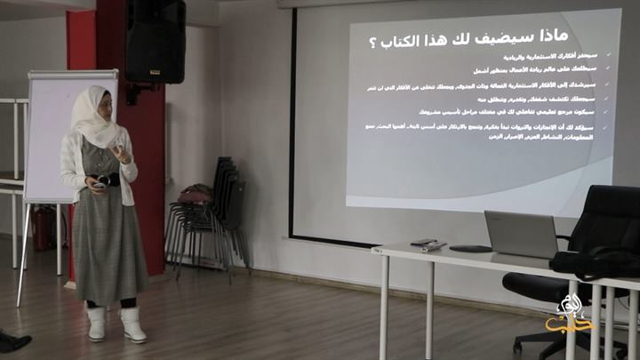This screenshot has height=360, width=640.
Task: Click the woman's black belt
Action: (x=108, y=180)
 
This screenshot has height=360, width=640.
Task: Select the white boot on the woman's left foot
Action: (x=133, y=324)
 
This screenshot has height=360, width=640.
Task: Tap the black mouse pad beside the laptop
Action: (x=470, y=249)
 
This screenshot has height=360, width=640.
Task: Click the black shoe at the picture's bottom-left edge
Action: (x=13, y=341)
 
